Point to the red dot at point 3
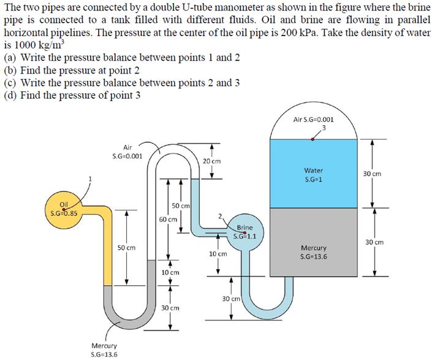[313, 139]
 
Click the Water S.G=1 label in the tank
[313, 175]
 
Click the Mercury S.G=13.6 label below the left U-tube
[105, 350]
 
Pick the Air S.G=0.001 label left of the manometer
[128, 151]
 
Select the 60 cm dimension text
[167, 218]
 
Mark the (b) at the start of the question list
[10, 71]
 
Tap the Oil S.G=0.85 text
[63, 210]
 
